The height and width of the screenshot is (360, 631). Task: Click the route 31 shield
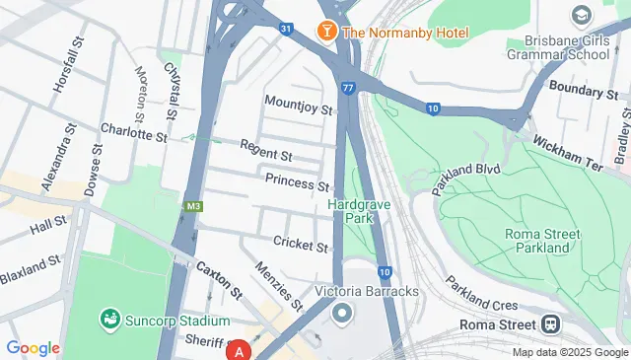[285, 29]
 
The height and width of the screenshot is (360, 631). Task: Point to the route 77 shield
[349, 88]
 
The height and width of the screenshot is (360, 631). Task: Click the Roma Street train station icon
[551, 324]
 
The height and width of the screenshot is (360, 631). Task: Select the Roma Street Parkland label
[537, 241]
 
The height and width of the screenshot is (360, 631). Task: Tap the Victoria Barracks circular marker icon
[342, 315]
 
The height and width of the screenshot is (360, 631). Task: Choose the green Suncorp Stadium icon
[110, 321]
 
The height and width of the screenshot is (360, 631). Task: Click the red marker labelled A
[239, 350]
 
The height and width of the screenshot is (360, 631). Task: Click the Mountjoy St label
[300, 104]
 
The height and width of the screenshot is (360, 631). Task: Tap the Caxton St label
[220, 280]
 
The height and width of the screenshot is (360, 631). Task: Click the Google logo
[33, 348]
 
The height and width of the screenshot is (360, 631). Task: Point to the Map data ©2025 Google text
[570, 352]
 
